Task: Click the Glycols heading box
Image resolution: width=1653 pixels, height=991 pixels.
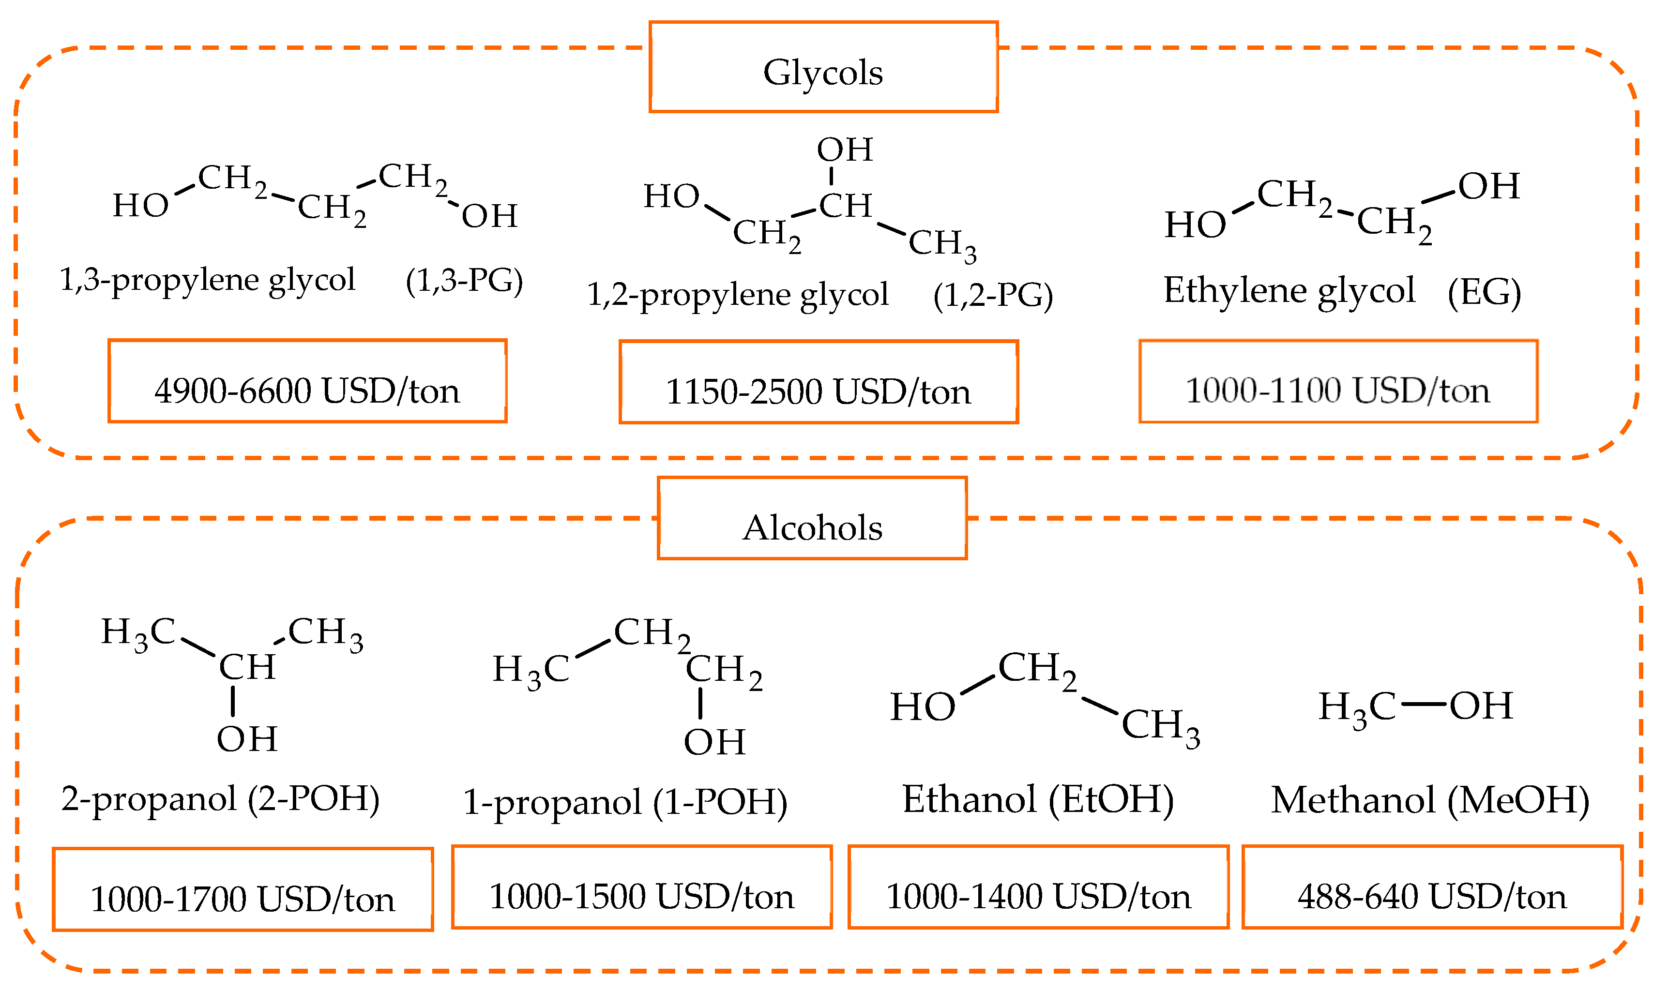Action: [x=823, y=67]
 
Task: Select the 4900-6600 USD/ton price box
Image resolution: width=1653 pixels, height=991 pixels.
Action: [x=307, y=381]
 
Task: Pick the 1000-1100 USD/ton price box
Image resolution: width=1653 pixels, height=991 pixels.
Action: [x=1338, y=381]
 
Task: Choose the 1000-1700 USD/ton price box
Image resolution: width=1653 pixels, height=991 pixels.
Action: [x=243, y=889]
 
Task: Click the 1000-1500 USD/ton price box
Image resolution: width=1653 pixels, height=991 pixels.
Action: [x=641, y=887]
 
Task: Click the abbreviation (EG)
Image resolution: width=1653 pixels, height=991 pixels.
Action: [x=1484, y=291]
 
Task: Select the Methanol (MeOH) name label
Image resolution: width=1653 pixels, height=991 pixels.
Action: [x=1430, y=799]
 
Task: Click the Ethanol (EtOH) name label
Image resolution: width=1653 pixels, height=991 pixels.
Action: [x=1038, y=799]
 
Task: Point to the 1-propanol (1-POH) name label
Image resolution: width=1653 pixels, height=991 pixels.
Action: [x=625, y=801]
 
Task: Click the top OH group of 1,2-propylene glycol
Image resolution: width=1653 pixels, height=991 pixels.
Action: [x=844, y=150]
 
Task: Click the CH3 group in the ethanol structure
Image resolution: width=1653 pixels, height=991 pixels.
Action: [x=1160, y=725]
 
